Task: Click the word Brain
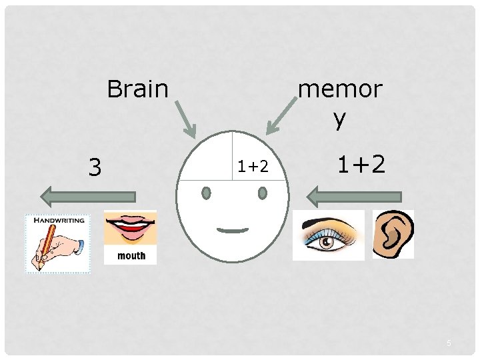tap(137, 88)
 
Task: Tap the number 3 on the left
tap(95, 167)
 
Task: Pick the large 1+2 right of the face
tap(361, 164)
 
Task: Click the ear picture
tap(393, 234)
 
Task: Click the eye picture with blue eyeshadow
tap(329, 235)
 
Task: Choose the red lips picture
tap(131, 229)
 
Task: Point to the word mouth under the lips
tap(131, 255)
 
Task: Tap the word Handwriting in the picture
tap(58, 220)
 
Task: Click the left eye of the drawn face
tap(206, 193)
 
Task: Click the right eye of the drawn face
tap(262, 193)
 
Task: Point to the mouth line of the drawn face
tap(233, 230)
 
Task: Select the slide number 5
tap(449, 343)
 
